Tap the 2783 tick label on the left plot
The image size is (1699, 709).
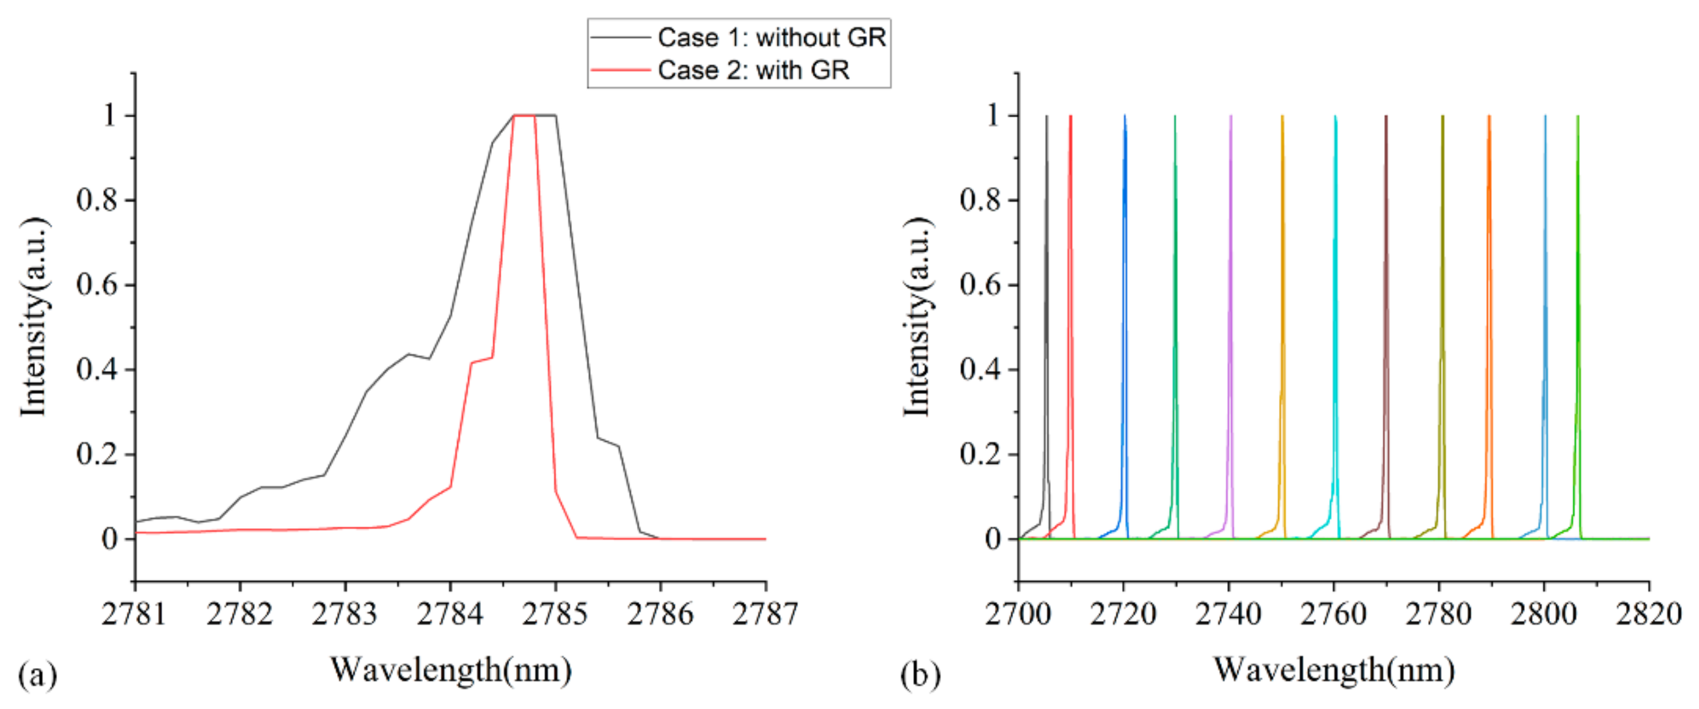pyautogui.click(x=344, y=615)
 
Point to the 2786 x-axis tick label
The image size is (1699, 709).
pyautogui.click(x=660, y=615)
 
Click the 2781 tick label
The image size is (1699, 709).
pyautogui.click(x=134, y=615)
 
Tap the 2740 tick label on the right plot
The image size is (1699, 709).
pyautogui.click(x=1228, y=615)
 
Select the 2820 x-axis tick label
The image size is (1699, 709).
pyautogui.click(x=1648, y=615)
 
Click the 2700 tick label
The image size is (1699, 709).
pyautogui.click(x=1018, y=615)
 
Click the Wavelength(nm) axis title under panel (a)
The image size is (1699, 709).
pyautogui.click(x=450, y=670)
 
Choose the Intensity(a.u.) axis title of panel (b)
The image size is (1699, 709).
pyautogui.click(x=917, y=317)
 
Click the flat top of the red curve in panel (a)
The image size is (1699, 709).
pyautogui.click(x=524, y=116)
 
